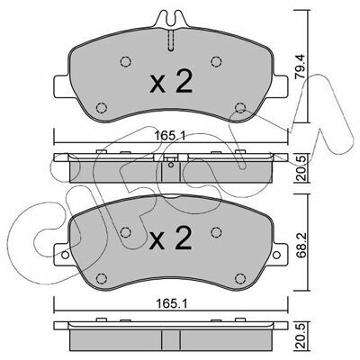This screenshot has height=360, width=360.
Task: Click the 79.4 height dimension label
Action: click(301, 67)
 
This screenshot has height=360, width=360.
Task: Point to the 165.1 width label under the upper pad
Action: click(171, 137)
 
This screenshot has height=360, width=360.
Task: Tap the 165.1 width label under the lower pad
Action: click(171, 304)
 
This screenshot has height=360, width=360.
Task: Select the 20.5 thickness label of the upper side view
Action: click(301, 168)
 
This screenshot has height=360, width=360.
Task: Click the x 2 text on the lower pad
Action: click(170, 238)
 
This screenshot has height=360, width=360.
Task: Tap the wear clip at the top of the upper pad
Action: click(171, 19)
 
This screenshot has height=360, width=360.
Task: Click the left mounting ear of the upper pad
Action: click(62, 86)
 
